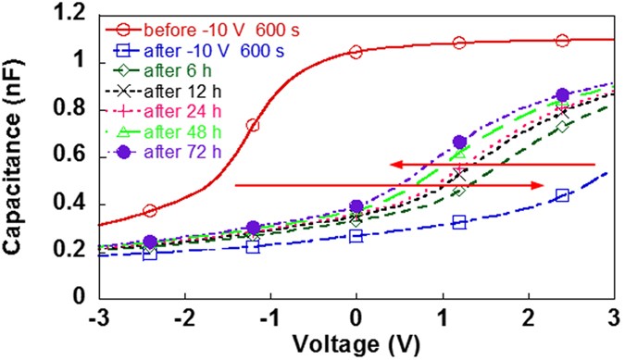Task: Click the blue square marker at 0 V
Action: click(356, 236)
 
